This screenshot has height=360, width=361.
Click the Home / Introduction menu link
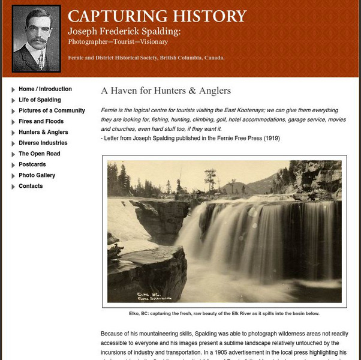pos(45,89)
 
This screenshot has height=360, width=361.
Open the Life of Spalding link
pos(40,100)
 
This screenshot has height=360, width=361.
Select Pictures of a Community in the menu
pos(52,110)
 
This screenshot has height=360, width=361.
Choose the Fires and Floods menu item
pos(41,121)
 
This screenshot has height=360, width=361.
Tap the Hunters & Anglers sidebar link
pos(43,132)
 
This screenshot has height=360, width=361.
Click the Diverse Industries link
pos(43,143)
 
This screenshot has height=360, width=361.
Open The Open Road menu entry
pos(40,154)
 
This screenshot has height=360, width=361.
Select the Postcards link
pos(32,164)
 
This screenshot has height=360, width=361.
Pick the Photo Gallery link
pos(37,175)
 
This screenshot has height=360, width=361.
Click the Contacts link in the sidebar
pos(31,186)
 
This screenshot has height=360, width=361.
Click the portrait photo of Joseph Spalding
pos(36,38)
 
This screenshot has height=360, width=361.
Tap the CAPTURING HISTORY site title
pos(157,16)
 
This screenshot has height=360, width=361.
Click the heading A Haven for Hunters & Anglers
pos(166,91)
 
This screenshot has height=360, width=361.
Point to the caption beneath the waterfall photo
pos(224,313)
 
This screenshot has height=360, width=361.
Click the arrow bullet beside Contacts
pos(13,187)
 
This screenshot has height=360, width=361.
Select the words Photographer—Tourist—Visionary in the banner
pos(118,42)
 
